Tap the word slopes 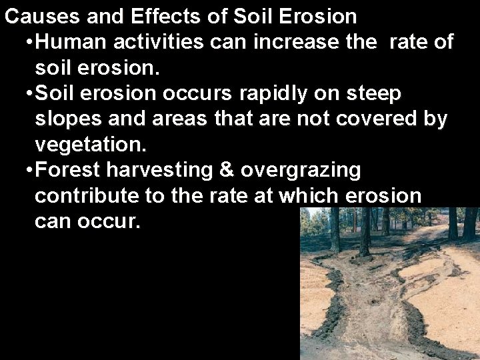click(x=67, y=120)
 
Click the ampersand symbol click(x=226, y=171)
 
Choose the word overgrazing click(x=301, y=171)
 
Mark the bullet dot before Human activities click(x=27, y=43)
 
